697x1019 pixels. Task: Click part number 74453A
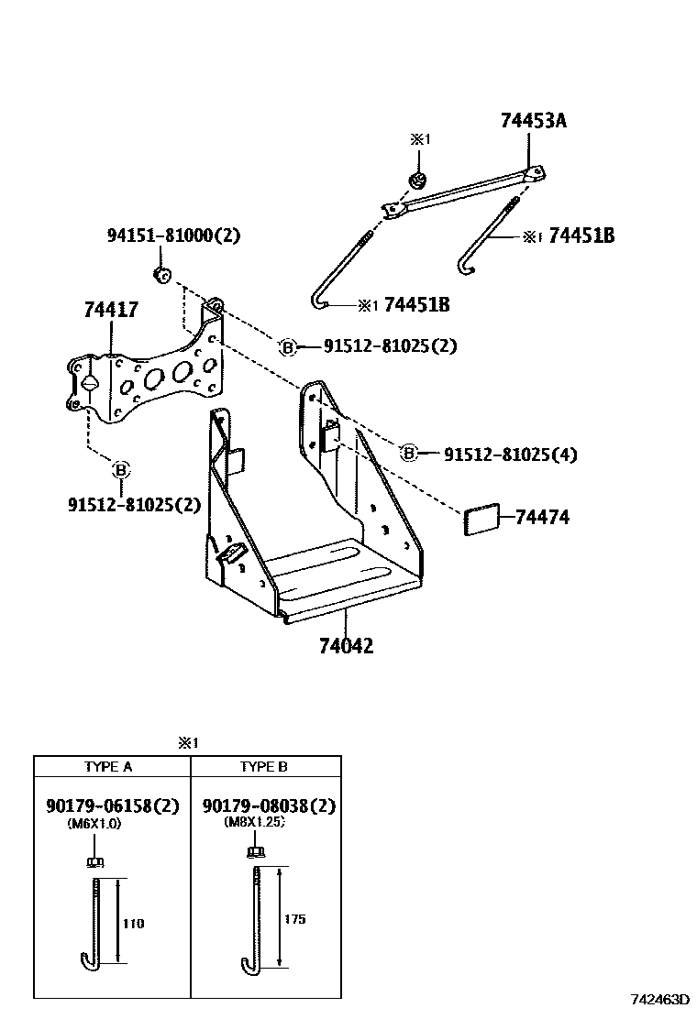coord(533,120)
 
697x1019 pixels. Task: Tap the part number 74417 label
coord(110,310)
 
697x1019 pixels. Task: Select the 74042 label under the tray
coord(346,646)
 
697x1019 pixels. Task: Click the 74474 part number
coord(554,518)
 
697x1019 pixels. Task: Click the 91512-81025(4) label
coord(510,454)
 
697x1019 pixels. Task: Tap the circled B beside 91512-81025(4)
coord(409,453)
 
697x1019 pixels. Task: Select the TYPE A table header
coord(108,767)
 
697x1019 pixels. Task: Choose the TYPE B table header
coord(264,767)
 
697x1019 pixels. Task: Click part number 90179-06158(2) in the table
coord(112,806)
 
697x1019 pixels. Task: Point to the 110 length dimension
coord(134,923)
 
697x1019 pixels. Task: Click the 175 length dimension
coord(294,918)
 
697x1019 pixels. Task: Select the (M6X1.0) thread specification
coord(94,824)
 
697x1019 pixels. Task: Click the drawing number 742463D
coord(658,999)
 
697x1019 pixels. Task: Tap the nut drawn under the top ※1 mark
coord(418,177)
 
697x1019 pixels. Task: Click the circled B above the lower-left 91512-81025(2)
coord(120,471)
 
